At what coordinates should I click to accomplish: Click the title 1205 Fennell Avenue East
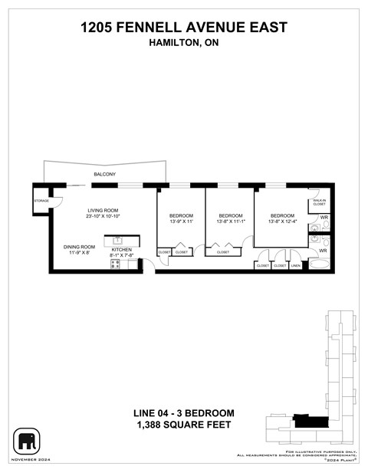tap(184, 28)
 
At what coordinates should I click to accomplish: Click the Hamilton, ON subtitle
tap(184, 44)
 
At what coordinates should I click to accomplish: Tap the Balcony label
tap(105, 176)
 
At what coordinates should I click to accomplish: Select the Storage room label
tap(41, 201)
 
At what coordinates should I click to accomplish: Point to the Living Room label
tap(103, 212)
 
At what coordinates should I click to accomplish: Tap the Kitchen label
tap(123, 250)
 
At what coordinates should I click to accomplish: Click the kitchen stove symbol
tap(116, 264)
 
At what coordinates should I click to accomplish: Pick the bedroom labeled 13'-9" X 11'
tap(182, 222)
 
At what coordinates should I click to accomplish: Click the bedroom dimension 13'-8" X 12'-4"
tap(281, 222)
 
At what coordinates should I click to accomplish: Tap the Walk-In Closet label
tap(320, 203)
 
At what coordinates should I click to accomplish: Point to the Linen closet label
tap(295, 265)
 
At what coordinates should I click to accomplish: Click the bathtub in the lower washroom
tap(320, 264)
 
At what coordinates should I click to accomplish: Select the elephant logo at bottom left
tap(28, 441)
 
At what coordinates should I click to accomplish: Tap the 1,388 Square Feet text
tap(184, 424)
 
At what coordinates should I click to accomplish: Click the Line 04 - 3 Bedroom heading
tap(184, 413)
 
